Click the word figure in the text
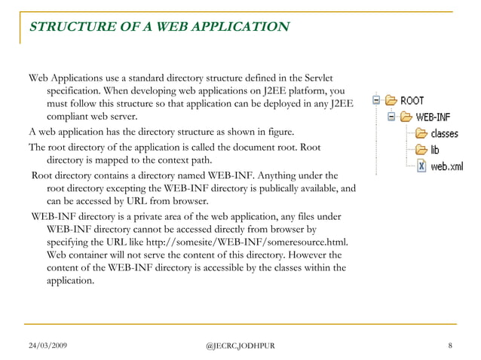272,130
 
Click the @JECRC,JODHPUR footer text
240,345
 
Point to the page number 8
449,345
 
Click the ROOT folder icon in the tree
390,99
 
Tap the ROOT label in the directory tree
412,100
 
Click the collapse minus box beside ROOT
375,99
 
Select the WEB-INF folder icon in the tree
406,117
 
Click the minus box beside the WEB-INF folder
391,117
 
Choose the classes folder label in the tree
444,133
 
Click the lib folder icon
421,150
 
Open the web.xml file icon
421,166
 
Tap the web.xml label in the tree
446,166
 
